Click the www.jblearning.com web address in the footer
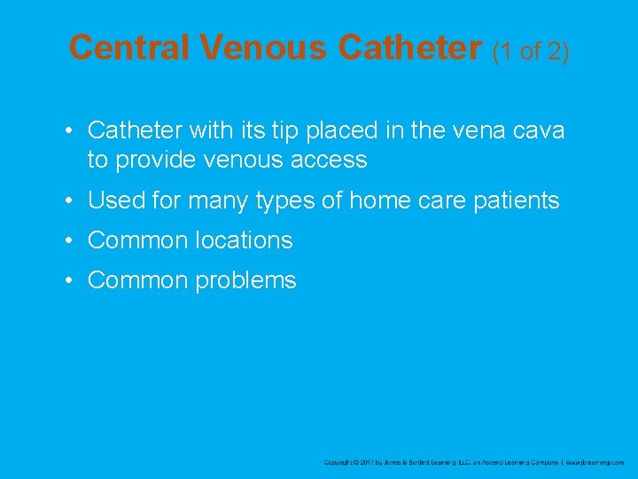(595, 462)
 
